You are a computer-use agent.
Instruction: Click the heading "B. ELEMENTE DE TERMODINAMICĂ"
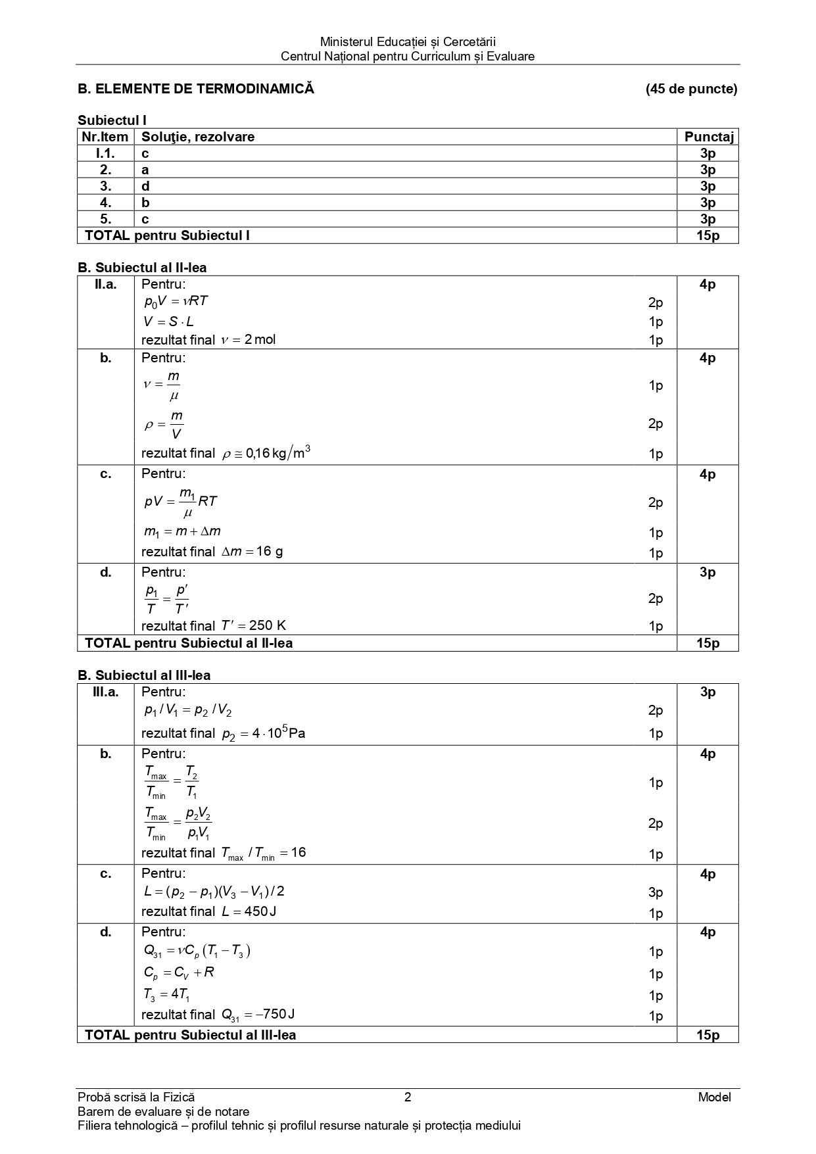click(196, 89)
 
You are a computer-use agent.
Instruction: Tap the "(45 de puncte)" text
click(691, 89)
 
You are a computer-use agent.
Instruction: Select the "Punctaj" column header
click(708, 137)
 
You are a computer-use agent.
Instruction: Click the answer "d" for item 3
click(145, 186)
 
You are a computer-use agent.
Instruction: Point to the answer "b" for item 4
click(145, 203)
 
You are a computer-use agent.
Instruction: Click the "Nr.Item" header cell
click(105, 137)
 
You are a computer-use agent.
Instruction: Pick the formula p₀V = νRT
click(176, 301)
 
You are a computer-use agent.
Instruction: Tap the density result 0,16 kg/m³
click(266, 453)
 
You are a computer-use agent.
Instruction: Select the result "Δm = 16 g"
click(252, 552)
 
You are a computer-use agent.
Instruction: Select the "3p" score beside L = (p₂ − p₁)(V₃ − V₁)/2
click(656, 892)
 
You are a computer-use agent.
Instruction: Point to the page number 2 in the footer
click(408, 1097)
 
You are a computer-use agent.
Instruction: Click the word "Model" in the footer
click(715, 1097)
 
